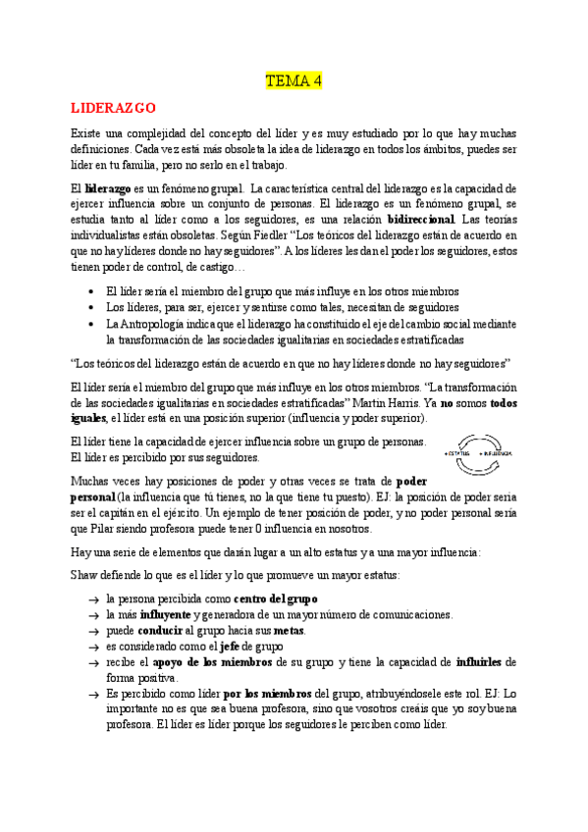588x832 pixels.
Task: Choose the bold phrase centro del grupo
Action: (x=275, y=598)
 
